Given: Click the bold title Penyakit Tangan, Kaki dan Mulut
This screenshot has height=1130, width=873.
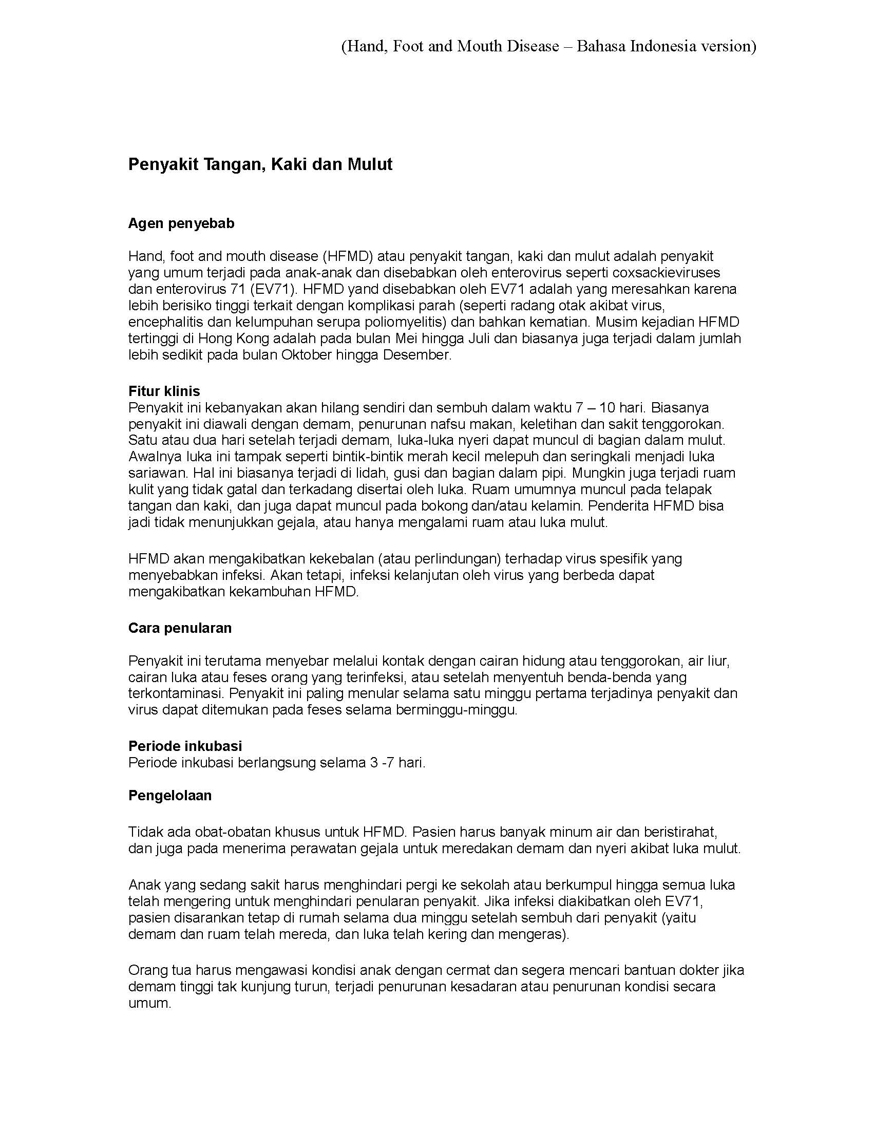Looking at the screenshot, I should [x=260, y=164].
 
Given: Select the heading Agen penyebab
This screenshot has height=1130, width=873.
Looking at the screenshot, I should [x=181, y=223].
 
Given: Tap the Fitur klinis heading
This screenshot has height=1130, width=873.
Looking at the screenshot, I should [x=164, y=391].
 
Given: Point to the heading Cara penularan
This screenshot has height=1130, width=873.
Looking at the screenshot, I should [x=179, y=628].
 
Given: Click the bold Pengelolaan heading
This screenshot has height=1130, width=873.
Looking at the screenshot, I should [x=169, y=795].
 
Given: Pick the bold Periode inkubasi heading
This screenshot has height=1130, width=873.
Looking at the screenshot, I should [x=185, y=746].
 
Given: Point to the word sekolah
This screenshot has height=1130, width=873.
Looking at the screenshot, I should [x=468, y=884].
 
